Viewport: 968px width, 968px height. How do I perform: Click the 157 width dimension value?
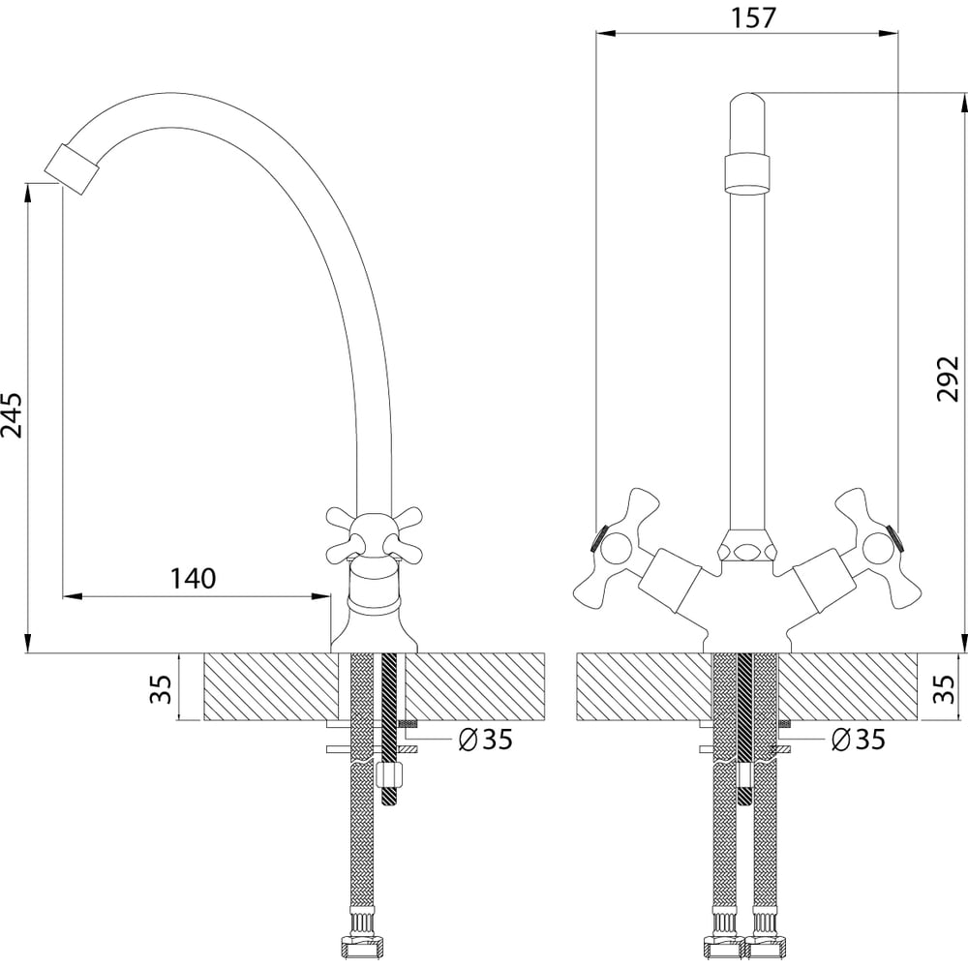click(752, 17)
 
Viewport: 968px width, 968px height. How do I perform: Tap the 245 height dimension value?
click(12, 415)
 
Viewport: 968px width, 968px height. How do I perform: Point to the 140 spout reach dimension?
click(194, 579)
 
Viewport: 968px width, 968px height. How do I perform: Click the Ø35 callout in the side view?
click(485, 739)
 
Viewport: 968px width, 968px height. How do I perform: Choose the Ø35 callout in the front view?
click(858, 739)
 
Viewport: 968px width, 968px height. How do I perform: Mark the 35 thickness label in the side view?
click(161, 688)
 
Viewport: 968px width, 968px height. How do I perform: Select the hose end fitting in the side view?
click(362, 948)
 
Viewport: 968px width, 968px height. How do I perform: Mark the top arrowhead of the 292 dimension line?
click(963, 104)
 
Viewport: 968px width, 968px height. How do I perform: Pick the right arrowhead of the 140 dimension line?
click(320, 596)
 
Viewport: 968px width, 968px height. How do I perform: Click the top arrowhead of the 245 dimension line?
click(27, 193)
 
